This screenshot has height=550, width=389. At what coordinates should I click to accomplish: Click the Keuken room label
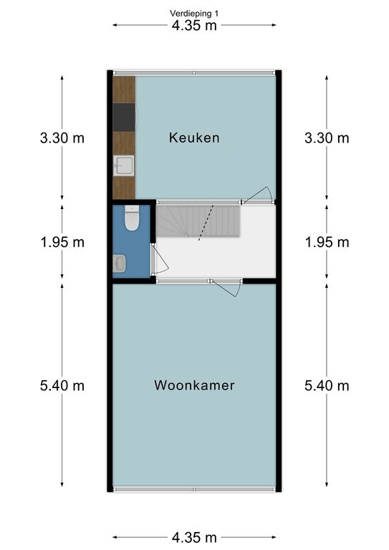click(x=194, y=137)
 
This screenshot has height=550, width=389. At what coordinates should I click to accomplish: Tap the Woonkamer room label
click(x=194, y=385)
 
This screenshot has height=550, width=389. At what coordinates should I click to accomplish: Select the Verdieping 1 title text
click(x=194, y=14)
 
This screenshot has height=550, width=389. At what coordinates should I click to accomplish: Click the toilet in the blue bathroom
click(x=132, y=218)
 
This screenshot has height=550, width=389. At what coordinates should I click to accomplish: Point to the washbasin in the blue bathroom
click(x=119, y=264)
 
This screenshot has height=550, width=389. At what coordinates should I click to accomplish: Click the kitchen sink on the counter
click(x=123, y=165)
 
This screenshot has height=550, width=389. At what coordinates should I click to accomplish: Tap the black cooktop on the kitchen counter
click(x=124, y=117)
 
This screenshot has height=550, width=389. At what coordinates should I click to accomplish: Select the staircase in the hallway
click(x=198, y=221)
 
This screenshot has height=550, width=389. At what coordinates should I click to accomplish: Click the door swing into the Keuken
click(x=259, y=195)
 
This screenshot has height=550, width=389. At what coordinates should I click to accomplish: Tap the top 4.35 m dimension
click(x=194, y=25)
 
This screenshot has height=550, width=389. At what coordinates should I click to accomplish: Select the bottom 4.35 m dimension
click(x=194, y=537)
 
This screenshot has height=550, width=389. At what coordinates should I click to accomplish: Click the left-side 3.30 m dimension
click(x=62, y=137)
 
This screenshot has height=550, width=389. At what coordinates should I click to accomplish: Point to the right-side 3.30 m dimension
click(x=327, y=137)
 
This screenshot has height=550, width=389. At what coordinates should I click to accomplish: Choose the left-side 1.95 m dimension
click(x=62, y=242)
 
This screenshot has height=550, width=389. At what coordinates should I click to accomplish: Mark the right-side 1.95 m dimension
click(x=327, y=242)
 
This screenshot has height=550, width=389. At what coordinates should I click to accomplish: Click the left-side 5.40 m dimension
click(x=62, y=385)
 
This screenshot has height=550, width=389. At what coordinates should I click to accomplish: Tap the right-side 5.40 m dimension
click(x=327, y=385)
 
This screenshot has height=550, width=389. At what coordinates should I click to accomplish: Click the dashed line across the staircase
click(x=206, y=223)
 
